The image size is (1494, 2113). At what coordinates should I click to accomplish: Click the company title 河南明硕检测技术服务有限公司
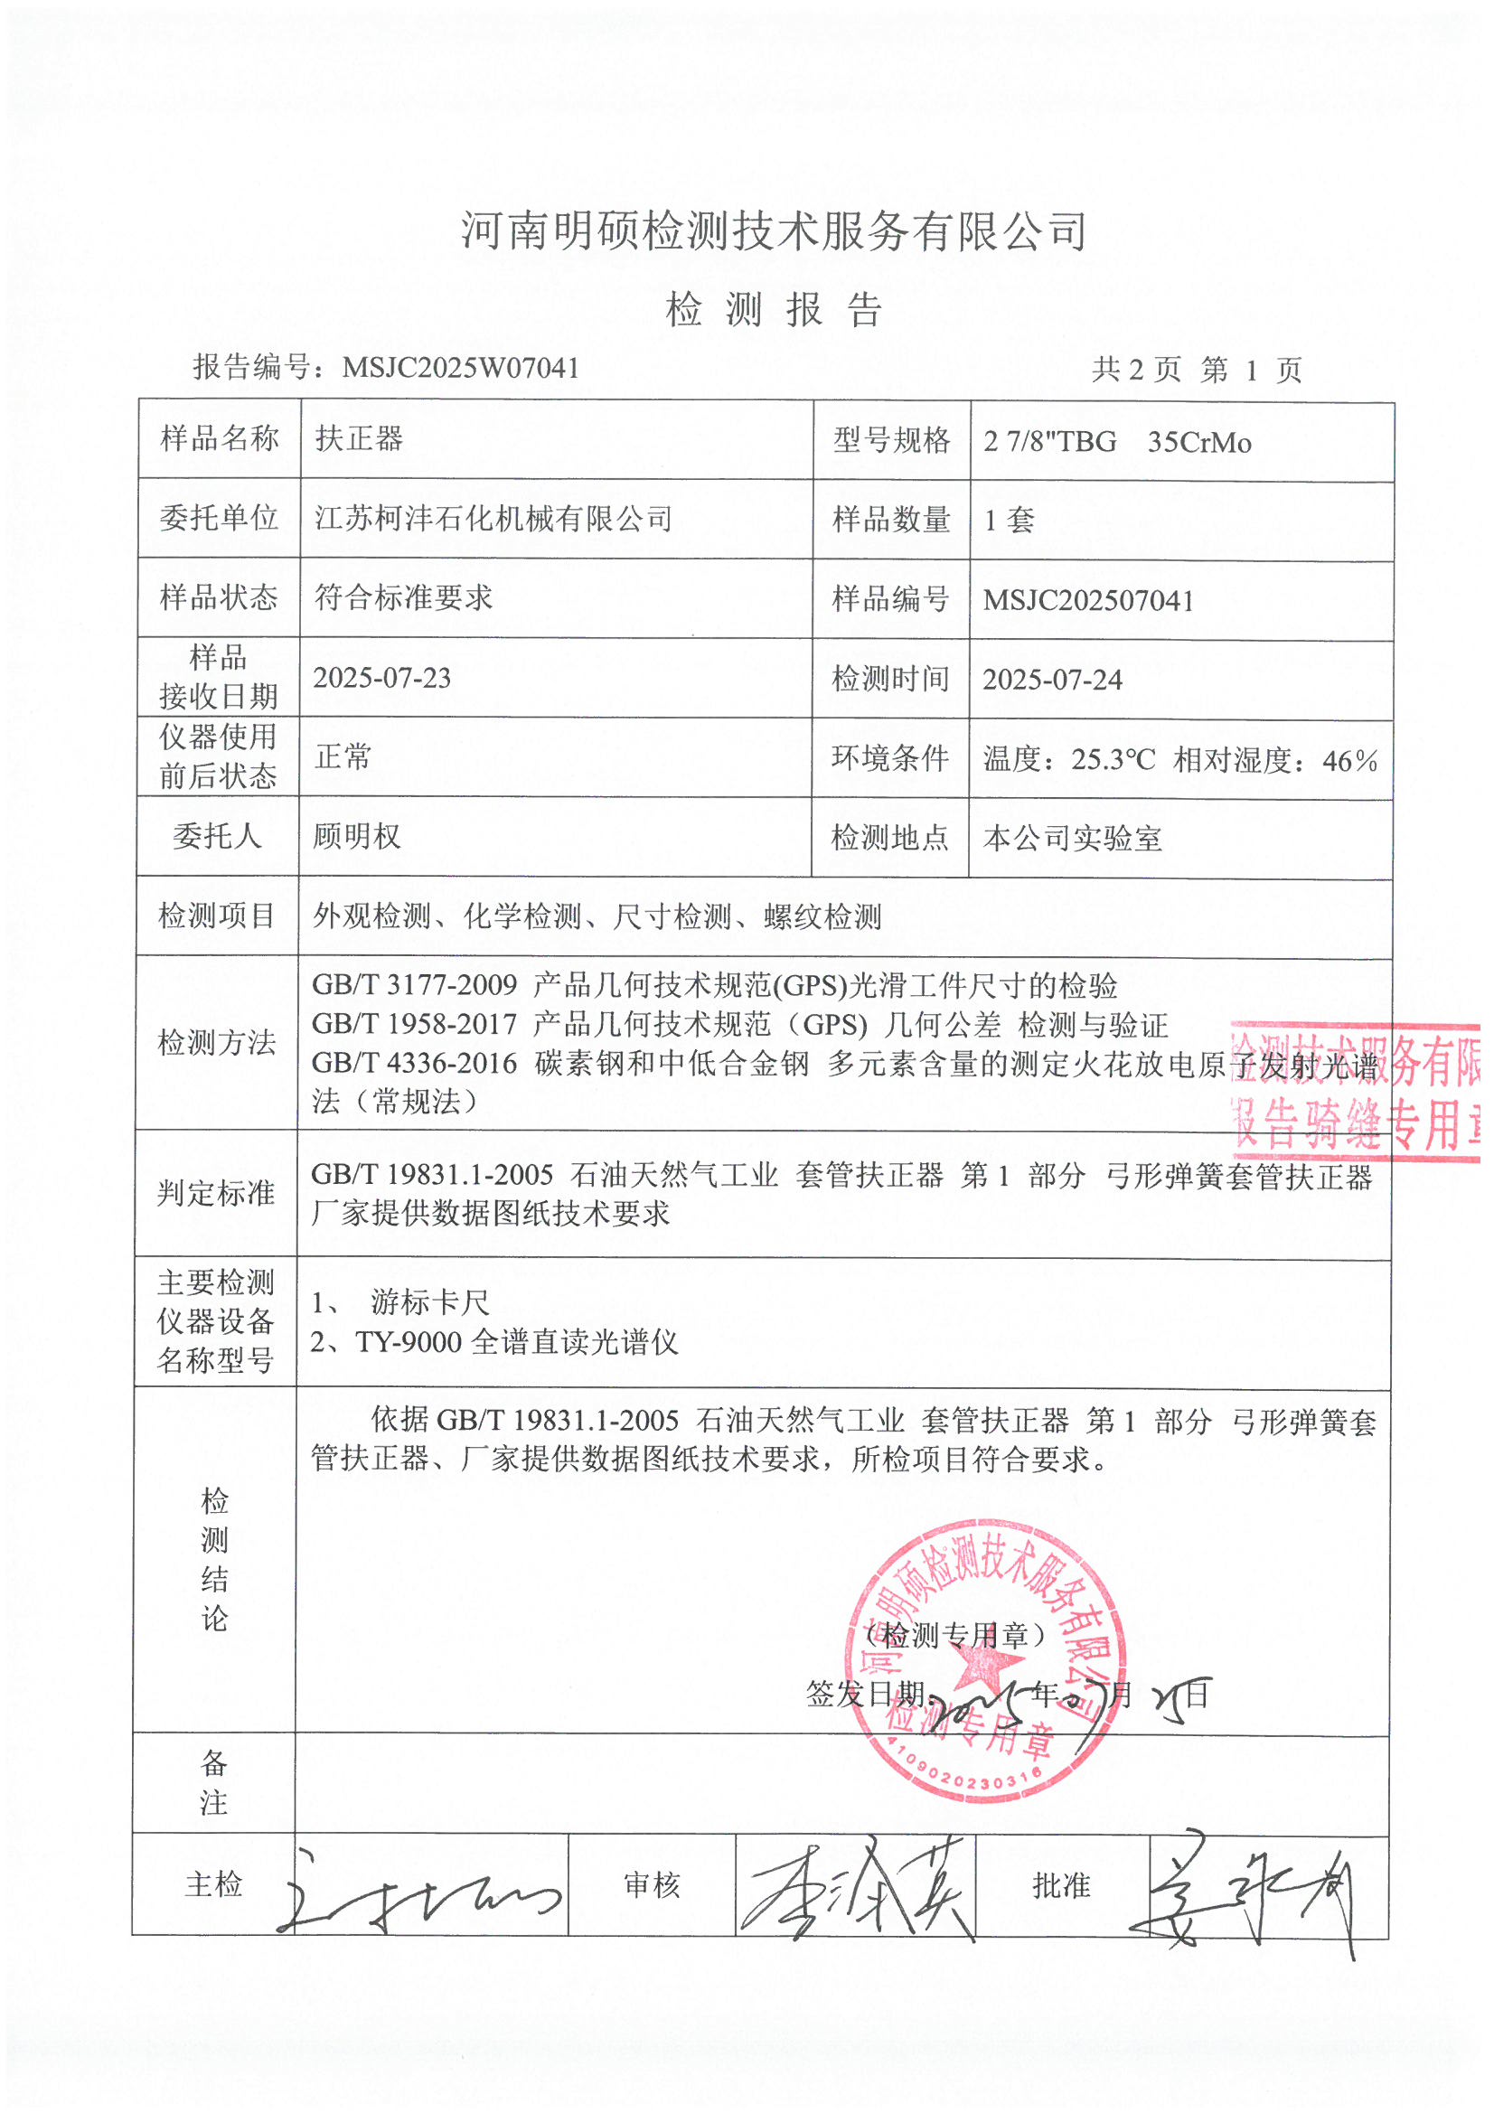774,231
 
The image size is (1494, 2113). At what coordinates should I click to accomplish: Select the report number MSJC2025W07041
460,368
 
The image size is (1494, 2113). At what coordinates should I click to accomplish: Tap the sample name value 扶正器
359,439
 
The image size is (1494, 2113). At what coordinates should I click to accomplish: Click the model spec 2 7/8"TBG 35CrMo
1116,443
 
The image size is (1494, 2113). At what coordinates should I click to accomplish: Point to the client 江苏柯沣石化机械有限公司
493,519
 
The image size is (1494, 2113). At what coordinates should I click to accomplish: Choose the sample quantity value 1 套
1009,521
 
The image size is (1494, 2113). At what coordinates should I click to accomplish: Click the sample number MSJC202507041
1088,601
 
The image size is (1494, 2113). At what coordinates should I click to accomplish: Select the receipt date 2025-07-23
382,678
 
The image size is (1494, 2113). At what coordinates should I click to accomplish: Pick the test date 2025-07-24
1052,681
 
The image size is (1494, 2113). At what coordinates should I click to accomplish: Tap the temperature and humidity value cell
1180,760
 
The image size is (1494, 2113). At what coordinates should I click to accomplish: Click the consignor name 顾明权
357,837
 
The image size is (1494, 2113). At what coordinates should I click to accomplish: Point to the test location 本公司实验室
1073,839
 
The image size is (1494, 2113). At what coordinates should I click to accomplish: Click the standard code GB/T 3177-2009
414,986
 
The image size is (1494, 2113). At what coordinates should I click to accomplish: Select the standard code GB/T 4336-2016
414,1064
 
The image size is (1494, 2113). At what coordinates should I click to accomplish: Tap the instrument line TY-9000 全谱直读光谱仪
516,1343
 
